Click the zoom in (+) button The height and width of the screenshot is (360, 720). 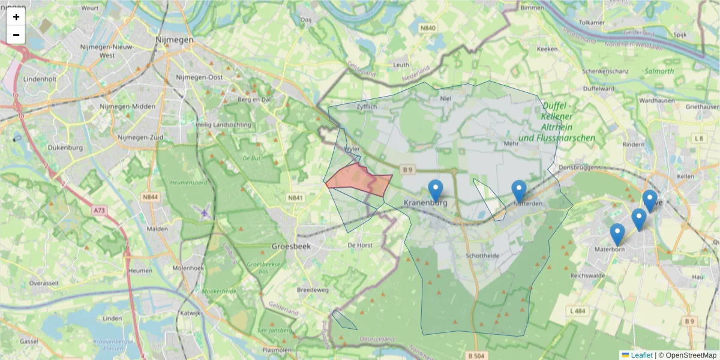click(16, 17)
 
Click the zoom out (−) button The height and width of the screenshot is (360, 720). click(16, 35)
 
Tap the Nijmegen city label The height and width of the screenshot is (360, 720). click(174, 40)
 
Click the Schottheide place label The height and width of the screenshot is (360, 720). click(482, 256)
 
